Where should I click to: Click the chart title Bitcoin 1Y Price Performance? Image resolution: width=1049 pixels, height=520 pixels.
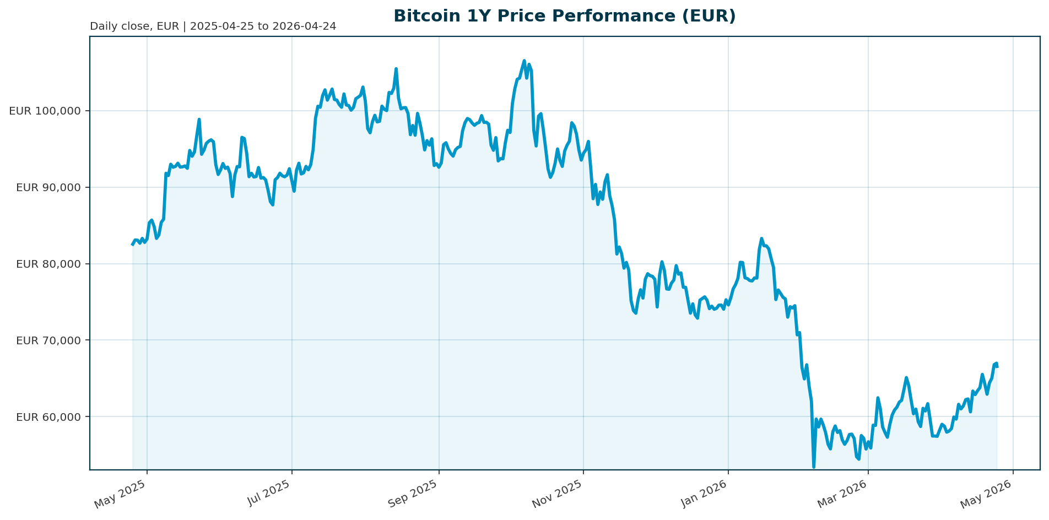564,16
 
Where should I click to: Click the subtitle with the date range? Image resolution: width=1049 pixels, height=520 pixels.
213,26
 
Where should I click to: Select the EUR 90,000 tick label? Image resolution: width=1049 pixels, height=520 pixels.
48,187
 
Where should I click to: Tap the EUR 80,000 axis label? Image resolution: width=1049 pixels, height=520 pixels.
48,264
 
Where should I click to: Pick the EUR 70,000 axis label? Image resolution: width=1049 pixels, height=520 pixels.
48,340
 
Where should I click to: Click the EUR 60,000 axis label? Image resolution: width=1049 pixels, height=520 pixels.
48,417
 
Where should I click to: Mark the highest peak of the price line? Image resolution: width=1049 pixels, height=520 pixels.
524,61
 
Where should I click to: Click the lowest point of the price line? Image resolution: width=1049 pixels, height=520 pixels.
814,467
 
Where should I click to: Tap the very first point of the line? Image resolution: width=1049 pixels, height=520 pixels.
132,245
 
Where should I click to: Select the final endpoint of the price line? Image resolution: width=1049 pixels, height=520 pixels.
997,366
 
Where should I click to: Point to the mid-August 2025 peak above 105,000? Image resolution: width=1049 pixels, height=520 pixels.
396,69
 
